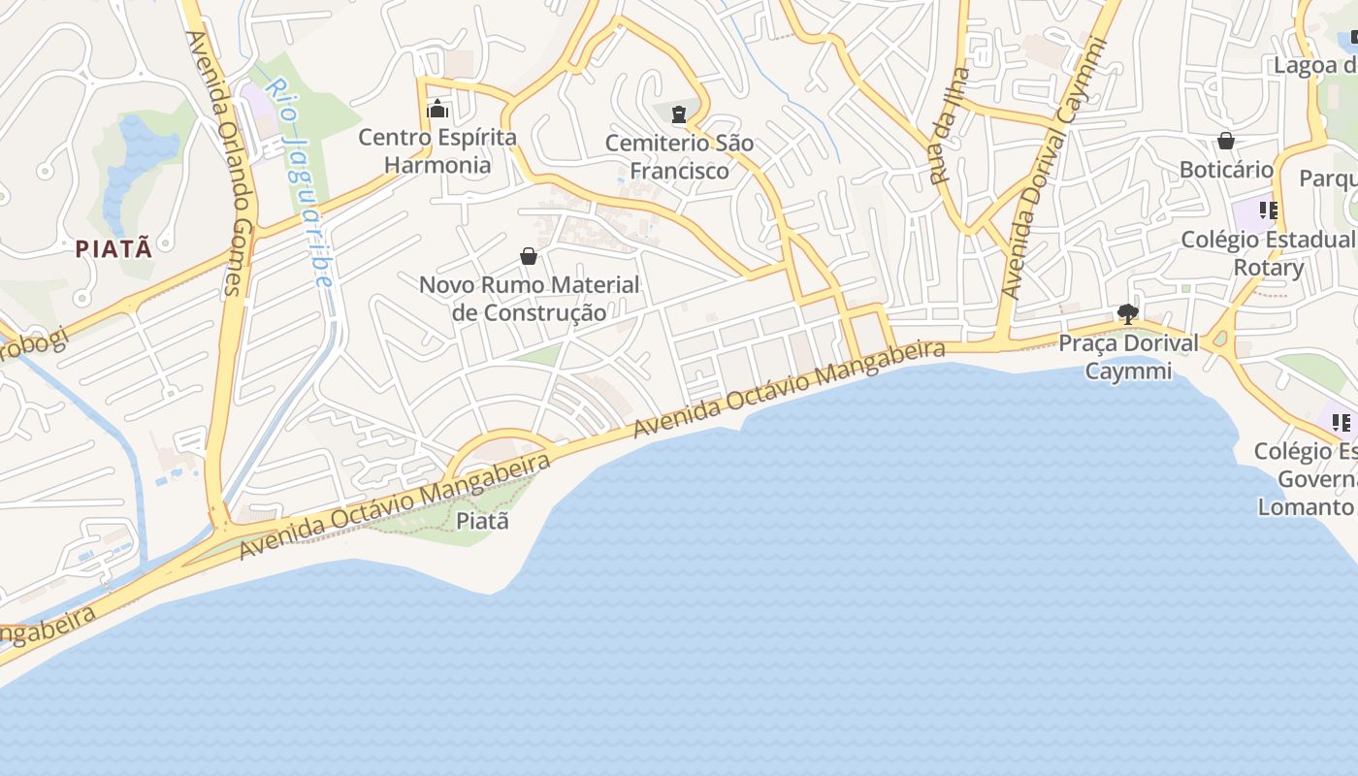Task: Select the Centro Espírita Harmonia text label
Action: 437,150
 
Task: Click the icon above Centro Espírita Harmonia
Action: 437,108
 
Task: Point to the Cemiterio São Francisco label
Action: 679,156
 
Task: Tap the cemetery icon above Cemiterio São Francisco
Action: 679,113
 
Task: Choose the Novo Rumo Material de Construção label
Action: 530,299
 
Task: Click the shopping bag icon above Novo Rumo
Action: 529,256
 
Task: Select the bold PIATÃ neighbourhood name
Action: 114,248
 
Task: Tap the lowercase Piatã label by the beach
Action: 482,521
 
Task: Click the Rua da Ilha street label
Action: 949,126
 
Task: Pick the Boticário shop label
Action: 1226,170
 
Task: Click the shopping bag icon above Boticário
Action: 1226,141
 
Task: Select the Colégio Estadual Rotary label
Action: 1268,253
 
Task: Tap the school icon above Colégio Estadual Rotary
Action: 1268,210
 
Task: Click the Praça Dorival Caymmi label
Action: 1128,356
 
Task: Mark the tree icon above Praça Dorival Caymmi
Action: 1127,313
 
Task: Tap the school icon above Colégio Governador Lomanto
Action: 1341,422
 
